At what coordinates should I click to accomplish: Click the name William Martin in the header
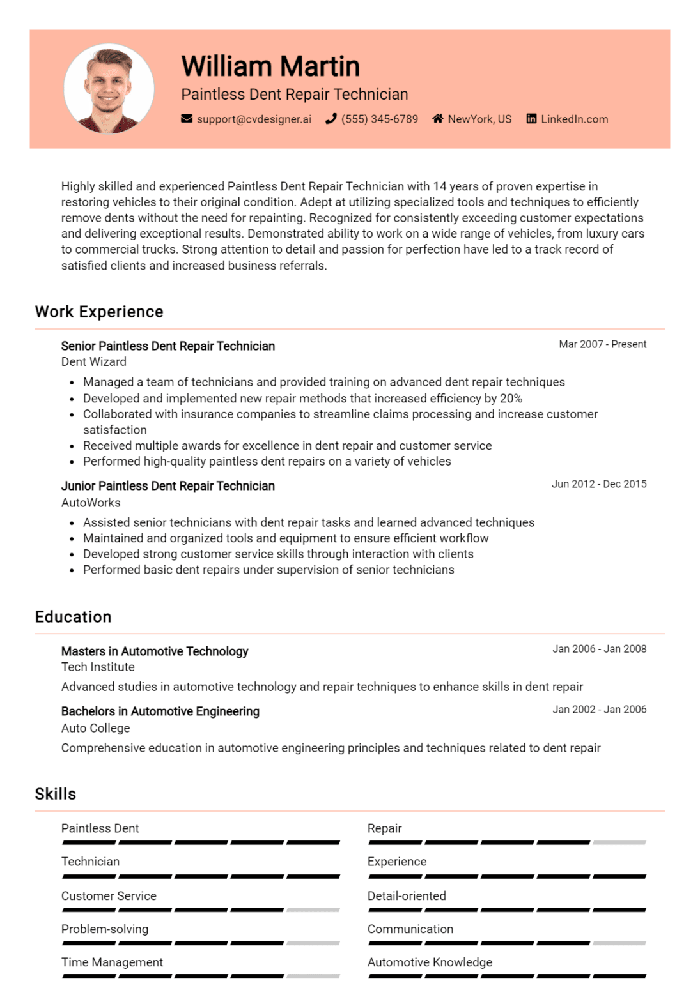tap(270, 66)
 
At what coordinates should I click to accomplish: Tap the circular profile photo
tap(109, 89)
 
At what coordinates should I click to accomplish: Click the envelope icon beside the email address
tap(187, 119)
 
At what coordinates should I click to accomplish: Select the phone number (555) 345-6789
tap(379, 119)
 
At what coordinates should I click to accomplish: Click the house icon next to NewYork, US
tap(438, 119)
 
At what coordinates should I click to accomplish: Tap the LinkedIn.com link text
tap(574, 119)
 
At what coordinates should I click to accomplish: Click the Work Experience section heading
tap(99, 312)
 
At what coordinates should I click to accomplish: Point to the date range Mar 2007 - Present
tap(602, 344)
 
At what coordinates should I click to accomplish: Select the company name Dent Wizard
tap(94, 362)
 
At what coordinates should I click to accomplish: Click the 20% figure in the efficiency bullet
tap(511, 399)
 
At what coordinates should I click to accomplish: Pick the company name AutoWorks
tap(91, 503)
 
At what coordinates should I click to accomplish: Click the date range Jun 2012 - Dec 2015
tap(599, 484)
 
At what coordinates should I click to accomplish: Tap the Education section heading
tap(74, 617)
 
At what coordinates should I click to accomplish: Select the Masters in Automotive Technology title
tap(155, 651)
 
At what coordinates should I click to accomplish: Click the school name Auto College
tap(96, 728)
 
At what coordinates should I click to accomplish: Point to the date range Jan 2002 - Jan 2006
tap(599, 710)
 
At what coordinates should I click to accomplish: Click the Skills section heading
tap(56, 794)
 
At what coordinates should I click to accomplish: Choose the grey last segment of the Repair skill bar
tap(619, 843)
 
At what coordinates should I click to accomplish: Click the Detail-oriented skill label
tap(407, 896)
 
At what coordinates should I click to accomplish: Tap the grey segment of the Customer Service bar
tap(313, 909)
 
